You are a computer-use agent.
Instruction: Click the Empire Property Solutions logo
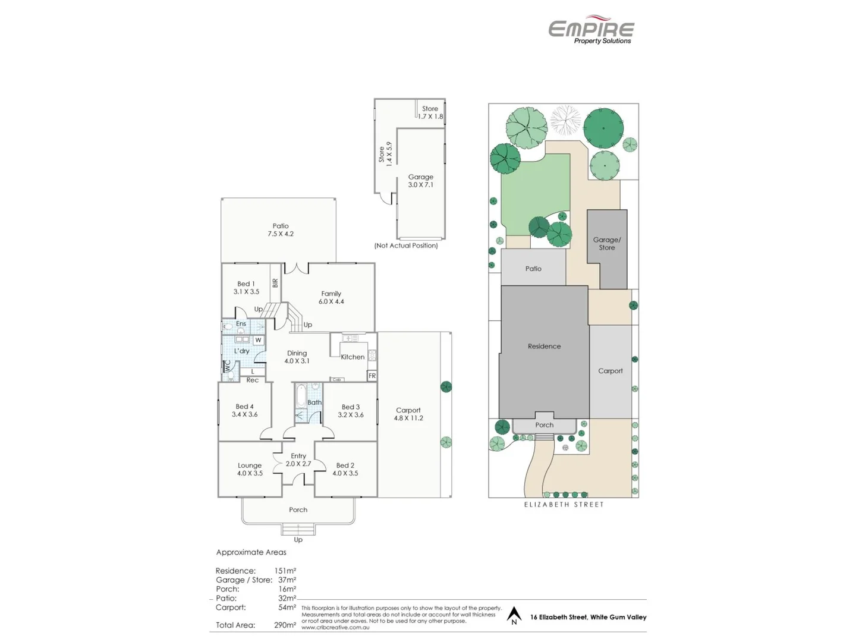(591, 30)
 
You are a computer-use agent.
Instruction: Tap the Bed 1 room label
(246, 288)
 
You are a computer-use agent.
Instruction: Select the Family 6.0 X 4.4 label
(331, 297)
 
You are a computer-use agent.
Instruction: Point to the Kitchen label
(353, 357)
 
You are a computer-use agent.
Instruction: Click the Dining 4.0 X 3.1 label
(297, 357)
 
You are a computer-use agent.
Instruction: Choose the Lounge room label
(250, 469)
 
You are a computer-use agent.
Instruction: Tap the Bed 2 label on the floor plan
(345, 469)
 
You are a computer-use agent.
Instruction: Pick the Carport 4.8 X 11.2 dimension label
(408, 414)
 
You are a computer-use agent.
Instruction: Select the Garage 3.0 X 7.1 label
(420, 181)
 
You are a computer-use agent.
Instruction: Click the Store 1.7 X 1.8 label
(430, 112)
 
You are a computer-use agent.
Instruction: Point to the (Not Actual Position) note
(406, 246)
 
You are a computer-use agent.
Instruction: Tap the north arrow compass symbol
(514, 615)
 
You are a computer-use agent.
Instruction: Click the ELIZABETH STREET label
(564, 505)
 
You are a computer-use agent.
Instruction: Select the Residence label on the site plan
(544, 346)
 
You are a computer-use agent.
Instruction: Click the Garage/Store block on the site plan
(606, 244)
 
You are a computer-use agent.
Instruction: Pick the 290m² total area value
(285, 625)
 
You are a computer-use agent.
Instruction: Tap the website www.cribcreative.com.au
(335, 627)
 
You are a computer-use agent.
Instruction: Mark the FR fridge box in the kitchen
(372, 376)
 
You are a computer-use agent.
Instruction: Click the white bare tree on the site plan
(565, 120)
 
